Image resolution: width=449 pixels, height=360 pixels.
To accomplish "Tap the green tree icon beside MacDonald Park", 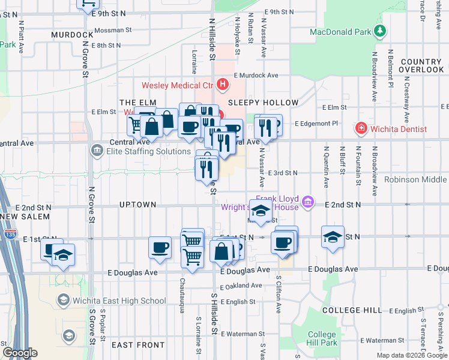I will pos(379,30).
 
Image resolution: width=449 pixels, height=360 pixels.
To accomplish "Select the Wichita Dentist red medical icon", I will pos(361,128).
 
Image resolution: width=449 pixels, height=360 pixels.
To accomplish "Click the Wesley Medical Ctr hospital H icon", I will pos(223,85).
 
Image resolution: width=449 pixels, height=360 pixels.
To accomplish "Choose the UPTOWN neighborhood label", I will pos(137,205).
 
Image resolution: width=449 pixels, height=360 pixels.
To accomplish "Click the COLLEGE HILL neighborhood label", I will pos(351,310).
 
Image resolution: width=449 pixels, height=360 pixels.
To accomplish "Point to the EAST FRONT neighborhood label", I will pos(138,345).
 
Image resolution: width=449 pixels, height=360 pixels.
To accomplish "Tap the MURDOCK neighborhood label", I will pos(72,35).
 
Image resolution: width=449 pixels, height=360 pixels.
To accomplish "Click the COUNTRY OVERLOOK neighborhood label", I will pos(421,66).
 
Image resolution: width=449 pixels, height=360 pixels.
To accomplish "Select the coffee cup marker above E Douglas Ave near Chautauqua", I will pos(160,247).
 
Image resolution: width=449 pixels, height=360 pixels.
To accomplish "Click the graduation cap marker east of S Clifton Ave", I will pos(333,236).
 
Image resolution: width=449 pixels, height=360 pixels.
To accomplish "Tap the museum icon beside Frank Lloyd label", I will pos(308,202).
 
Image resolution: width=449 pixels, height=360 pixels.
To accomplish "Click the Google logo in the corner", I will pos(19,353).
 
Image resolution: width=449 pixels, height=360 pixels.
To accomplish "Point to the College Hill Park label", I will pos(322,338).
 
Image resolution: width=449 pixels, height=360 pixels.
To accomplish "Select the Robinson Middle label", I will pos(416,179).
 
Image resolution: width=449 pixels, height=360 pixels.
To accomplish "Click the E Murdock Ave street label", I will pos(256,76).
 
